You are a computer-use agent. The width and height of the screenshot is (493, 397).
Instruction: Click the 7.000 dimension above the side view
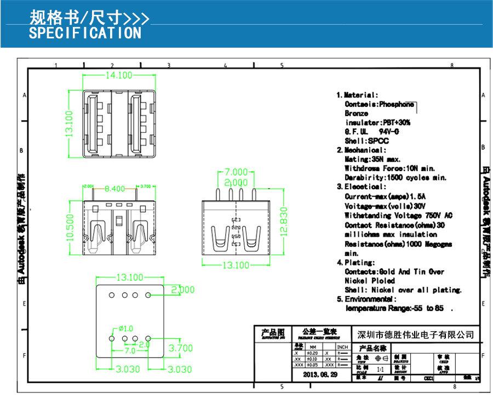tap(236, 172)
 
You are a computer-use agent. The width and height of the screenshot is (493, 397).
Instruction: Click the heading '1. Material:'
tap(357, 95)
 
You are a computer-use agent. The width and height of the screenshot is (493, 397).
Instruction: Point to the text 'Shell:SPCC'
tap(366, 141)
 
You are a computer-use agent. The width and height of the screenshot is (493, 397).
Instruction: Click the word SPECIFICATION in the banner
tap(85, 33)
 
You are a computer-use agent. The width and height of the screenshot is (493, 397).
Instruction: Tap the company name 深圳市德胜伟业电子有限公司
tap(415, 335)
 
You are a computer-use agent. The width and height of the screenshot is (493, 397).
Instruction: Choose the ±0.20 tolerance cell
tap(313, 353)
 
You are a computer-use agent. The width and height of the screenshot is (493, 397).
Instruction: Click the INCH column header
tap(342, 347)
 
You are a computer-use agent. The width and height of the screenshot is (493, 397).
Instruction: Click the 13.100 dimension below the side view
tap(234, 265)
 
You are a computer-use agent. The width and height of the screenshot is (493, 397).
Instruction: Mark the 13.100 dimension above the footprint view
tap(129, 277)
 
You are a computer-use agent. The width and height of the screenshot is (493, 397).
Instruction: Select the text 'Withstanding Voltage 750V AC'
tap(398, 215)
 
